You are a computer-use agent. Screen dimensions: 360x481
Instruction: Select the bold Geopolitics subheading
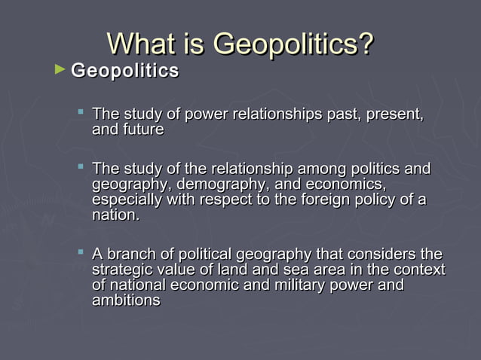[125, 72]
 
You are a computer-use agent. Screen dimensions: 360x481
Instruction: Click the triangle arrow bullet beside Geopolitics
[60, 70]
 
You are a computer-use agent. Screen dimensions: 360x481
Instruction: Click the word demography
[216, 185]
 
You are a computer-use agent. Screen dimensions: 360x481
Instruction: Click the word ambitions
[126, 300]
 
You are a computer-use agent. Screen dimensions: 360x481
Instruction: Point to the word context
[418, 270]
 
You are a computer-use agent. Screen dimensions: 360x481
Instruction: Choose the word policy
[386, 200]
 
